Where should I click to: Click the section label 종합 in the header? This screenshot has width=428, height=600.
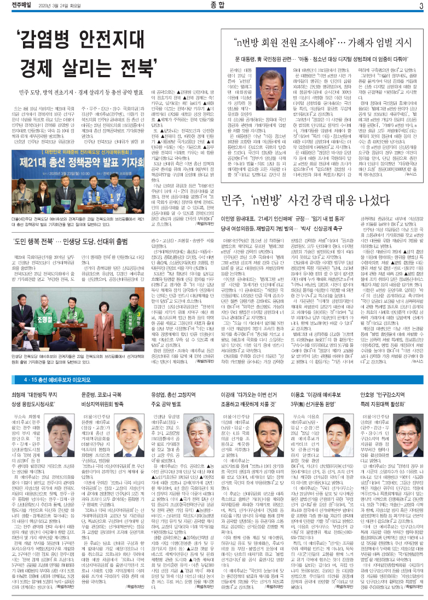pyautogui.click(x=215, y=7)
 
